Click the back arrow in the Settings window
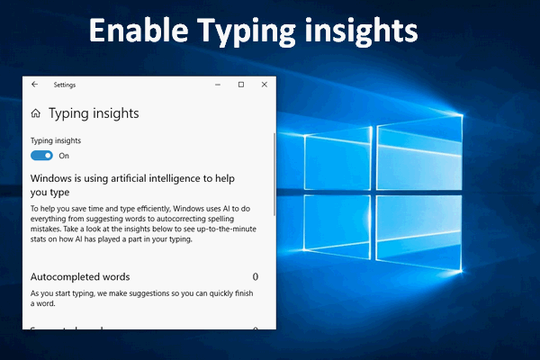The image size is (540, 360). [x=34, y=85]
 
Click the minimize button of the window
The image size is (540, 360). [x=217, y=85]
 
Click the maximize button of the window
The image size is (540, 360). [x=240, y=85]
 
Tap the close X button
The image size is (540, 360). [x=264, y=85]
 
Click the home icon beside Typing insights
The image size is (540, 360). [x=35, y=114]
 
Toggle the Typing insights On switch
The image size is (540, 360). [x=41, y=155]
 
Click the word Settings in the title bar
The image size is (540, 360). [x=65, y=85]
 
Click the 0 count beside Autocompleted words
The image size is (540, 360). [x=256, y=277]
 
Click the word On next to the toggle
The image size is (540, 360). [x=64, y=156]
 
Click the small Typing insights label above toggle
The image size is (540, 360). [x=56, y=140]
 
